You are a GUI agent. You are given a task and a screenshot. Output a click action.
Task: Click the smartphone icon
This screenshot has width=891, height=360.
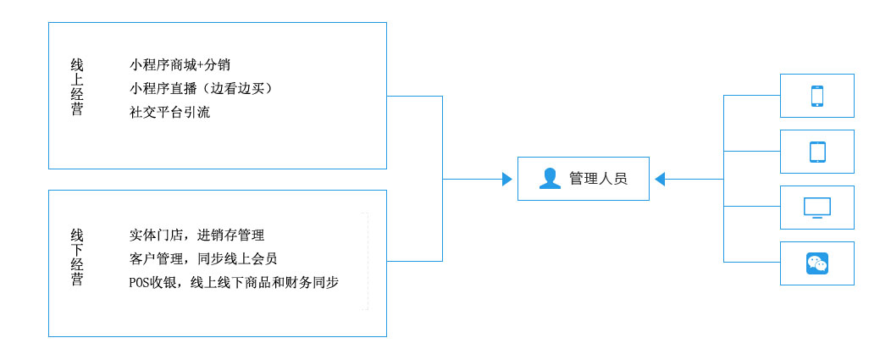tap(816, 96)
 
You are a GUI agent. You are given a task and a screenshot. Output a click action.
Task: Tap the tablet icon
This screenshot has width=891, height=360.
tap(816, 152)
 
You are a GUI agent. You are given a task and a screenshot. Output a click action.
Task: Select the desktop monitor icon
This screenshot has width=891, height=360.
tap(816, 208)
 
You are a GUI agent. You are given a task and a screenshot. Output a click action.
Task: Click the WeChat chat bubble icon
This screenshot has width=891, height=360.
tap(816, 263)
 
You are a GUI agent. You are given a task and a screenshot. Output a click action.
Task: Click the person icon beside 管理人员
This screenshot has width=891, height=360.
tap(550, 179)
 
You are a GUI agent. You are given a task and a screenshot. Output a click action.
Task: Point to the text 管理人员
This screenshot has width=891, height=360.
tap(598, 179)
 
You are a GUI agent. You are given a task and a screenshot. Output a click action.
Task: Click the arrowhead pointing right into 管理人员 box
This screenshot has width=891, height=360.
tap(506, 179)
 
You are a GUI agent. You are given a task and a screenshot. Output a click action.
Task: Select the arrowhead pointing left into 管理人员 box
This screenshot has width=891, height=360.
tap(661, 179)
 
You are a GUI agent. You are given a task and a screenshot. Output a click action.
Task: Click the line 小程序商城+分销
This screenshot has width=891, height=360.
tap(180, 64)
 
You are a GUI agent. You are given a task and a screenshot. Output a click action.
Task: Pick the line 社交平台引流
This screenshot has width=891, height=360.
tap(169, 112)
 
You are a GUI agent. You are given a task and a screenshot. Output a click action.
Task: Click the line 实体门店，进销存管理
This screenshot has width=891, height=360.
tap(196, 235)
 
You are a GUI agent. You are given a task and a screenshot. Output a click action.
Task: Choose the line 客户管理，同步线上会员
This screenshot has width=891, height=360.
tap(203, 258)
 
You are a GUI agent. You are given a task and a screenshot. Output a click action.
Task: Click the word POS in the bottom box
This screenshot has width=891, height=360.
tap(139, 283)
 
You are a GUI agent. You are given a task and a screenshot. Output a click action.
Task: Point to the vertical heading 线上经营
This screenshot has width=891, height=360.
tap(77, 86)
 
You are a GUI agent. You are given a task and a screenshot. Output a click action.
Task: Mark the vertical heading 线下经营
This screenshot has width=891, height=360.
tap(77, 258)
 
